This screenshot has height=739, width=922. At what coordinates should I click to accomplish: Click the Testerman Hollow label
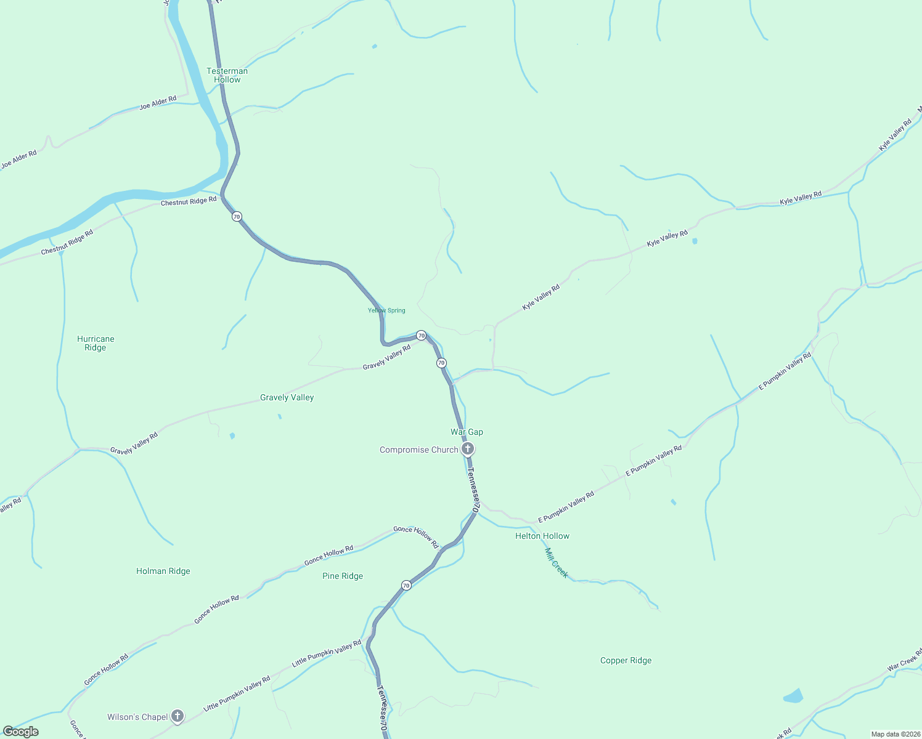tap(227, 75)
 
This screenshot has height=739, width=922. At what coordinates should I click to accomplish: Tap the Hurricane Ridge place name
tap(96, 343)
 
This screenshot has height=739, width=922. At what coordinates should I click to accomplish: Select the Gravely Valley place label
tap(287, 398)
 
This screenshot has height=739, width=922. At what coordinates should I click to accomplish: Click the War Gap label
tap(467, 432)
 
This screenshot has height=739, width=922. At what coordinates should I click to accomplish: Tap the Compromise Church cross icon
tap(468, 449)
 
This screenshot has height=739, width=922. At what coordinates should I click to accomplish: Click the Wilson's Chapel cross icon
tap(177, 716)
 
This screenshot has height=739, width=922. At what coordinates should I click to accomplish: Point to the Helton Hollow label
tap(542, 536)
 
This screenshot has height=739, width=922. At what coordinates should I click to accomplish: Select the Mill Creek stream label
tap(556, 563)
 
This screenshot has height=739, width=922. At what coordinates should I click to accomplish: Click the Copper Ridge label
tap(626, 660)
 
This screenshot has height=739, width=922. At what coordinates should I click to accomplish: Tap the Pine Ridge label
tap(343, 576)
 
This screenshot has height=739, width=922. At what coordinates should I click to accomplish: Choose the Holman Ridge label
tap(163, 571)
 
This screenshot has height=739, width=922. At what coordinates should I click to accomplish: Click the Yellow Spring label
tap(386, 310)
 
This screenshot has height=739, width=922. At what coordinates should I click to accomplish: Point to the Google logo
tap(21, 732)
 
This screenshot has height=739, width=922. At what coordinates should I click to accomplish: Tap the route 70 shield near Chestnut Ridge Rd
tap(237, 217)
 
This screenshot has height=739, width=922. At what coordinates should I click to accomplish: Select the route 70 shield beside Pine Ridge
tap(406, 585)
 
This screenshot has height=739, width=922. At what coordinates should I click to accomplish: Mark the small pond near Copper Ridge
tap(793, 697)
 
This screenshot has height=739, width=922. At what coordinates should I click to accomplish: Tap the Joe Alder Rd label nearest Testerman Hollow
tap(158, 103)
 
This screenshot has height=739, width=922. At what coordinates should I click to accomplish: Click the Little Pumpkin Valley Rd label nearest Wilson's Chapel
tap(237, 693)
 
